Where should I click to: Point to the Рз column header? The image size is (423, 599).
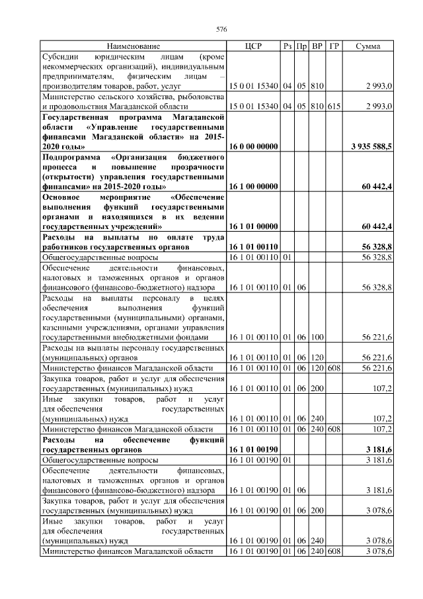coord(287,46)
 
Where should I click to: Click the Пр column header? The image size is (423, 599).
coord(301,46)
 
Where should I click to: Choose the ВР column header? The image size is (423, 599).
coord(317,46)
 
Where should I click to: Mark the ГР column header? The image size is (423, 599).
coord(334,46)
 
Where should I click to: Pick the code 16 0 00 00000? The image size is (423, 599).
coord(253,146)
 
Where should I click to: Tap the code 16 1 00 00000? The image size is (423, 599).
coord(253,188)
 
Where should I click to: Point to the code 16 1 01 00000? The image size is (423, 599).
coord(253,227)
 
